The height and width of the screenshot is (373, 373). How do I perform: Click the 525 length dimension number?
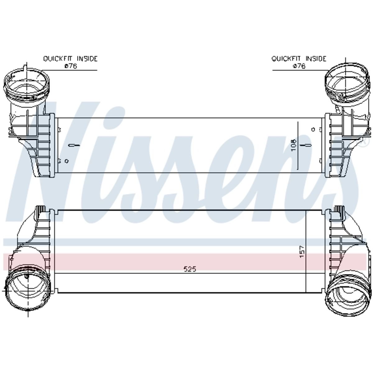coord(190,269)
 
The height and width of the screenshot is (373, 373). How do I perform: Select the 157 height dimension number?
coord(302,252)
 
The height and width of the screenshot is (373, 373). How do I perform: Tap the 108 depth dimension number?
coord(294,145)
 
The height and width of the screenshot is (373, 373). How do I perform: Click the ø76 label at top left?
coord(71,66)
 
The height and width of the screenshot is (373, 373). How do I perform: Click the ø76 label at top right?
coord(299,66)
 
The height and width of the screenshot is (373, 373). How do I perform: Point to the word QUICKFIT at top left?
coord(58,58)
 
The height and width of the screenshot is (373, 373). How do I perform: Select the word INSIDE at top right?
coord(316,58)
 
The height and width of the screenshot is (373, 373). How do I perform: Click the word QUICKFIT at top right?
coord(286,58)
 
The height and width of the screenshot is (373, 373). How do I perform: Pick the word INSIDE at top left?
coord(87,58)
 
